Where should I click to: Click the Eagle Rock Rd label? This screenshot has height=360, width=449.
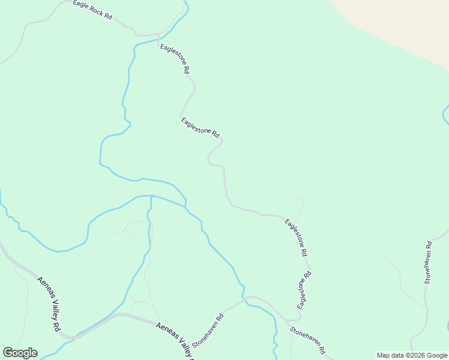[x=92, y=10]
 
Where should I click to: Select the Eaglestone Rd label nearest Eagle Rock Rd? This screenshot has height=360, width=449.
[x=175, y=58]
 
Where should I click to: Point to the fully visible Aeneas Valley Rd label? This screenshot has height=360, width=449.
[x=49, y=304]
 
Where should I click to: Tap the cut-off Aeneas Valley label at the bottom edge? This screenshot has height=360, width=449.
[x=175, y=340]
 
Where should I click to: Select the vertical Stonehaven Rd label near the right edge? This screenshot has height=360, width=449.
[x=428, y=262]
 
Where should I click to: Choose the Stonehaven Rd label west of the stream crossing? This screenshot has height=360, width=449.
[x=208, y=329]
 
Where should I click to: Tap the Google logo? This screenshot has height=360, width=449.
[x=20, y=353]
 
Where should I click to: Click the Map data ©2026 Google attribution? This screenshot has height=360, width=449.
[x=412, y=355]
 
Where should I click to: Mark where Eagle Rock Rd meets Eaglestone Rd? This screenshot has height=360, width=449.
[x=158, y=35]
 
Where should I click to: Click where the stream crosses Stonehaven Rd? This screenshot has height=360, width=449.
[x=245, y=298]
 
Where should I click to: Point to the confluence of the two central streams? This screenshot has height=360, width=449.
[x=150, y=196]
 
